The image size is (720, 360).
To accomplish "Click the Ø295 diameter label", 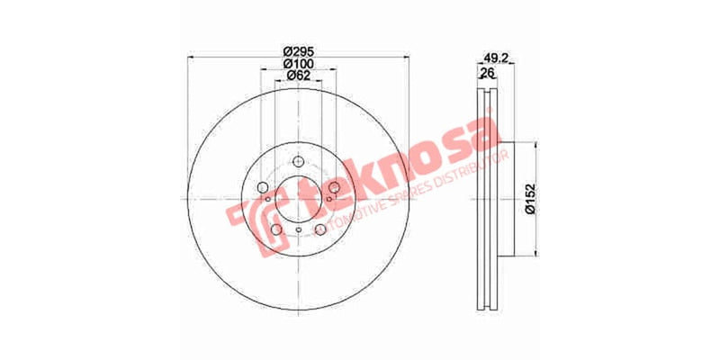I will (x=298, y=49).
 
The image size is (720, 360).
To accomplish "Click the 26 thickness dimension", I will (x=488, y=73).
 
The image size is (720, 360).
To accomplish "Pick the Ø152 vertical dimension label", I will (x=531, y=196).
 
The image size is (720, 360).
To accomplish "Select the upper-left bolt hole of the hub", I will (x=265, y=187).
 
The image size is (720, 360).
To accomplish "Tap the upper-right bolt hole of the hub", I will (x=333, y=187).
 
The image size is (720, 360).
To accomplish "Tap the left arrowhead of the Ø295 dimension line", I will (x=190, y=58).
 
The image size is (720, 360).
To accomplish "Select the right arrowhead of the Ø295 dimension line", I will (x=406, y=58).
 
